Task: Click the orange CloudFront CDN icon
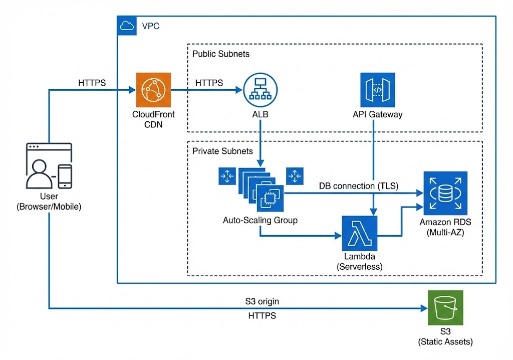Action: click(153, 90)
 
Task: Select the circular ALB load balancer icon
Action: click(260, 90)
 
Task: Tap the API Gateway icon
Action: click(377, 90)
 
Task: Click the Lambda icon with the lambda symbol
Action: click(359, 233)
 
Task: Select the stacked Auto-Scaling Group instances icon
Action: click(261, 189)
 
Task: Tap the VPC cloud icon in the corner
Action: click(127, 26)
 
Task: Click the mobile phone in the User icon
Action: click(65, 176)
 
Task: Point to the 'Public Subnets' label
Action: click(220, 54)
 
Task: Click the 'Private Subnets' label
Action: click(222, 150)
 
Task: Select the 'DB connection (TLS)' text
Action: click(359, 186)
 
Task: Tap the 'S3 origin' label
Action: click(262, 301)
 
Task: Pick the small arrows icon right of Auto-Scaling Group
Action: click(294, 175)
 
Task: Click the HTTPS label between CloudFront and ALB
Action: click(209, 83)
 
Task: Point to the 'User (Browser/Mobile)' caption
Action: click(49, 202)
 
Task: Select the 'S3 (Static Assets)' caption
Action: click(445, 337)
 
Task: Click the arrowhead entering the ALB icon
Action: click(239, 90)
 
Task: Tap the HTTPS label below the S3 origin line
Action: click(262, 316)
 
